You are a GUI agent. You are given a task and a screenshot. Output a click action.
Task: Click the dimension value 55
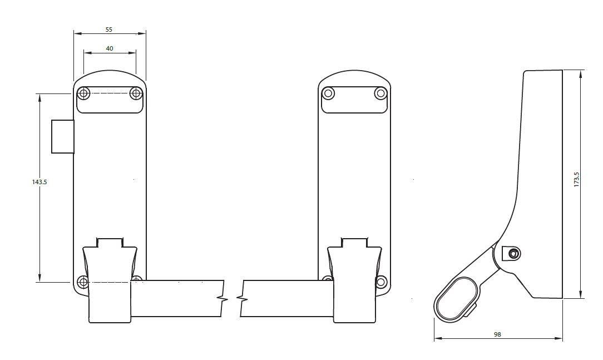click(109, 29)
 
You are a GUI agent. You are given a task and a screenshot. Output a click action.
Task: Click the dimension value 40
click(110, 48)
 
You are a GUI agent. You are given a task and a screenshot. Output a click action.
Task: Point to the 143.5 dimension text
click(39, 182)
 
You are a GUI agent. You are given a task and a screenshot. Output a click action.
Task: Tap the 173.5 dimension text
click(576, 180)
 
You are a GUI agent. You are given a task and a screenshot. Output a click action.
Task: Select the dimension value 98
click(498, 334)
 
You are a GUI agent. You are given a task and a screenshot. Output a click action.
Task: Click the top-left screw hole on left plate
click(83, 93)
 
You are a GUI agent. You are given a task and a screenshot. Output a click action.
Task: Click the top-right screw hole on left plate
click(136, 93)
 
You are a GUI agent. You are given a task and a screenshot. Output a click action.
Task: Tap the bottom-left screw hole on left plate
click(82, 282)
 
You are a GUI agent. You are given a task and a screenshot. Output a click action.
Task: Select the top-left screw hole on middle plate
click(328, 93)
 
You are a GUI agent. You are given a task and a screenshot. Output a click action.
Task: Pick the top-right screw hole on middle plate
click(380, 93)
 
